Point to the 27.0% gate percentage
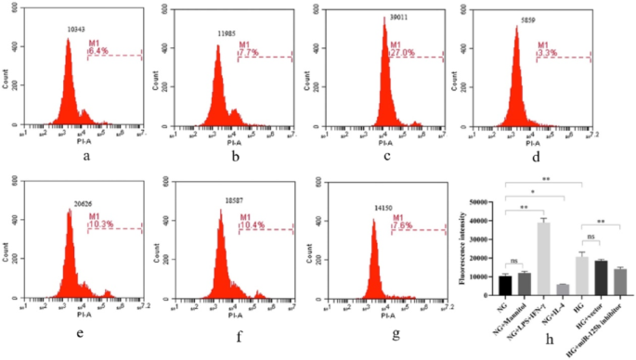point(400,52)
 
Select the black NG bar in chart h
point(504,285)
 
